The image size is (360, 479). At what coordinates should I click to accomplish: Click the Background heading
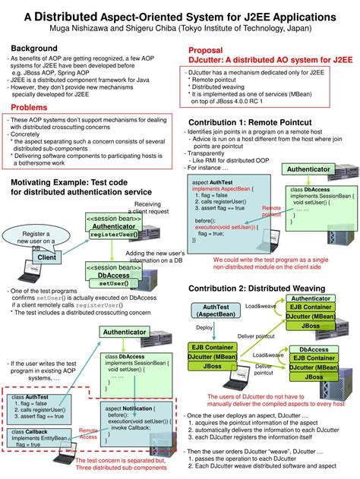[x=35, y=49]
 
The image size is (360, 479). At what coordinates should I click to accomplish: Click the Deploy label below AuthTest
[x=204, y=327]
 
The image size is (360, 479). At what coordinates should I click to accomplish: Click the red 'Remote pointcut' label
[x=271, y=211]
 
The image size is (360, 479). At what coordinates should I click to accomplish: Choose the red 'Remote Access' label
[x=87, y=434]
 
